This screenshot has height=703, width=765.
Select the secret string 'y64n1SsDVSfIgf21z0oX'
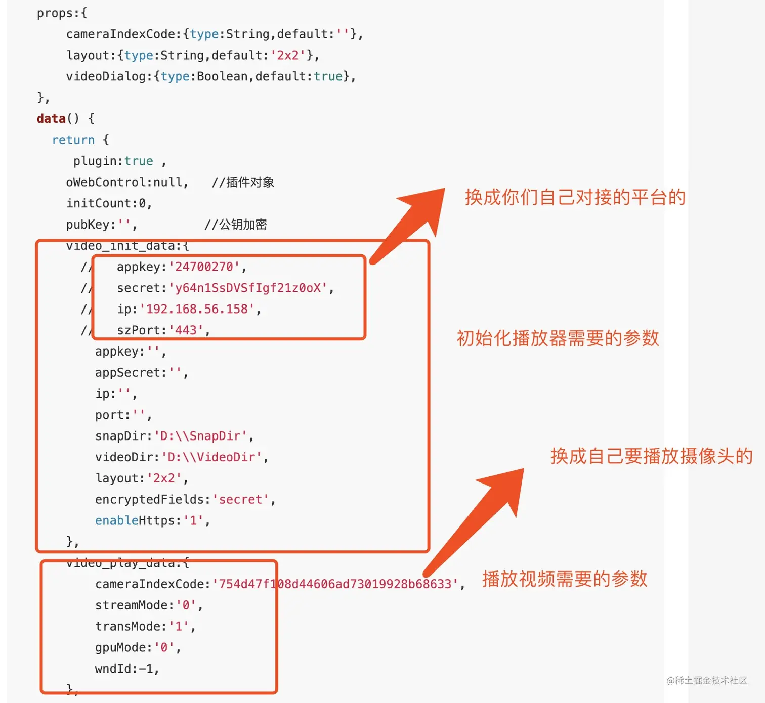click(x=248, y=288)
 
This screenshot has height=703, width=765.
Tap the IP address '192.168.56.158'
click(x=197, y=309)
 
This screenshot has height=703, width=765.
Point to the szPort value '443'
click(x=186, y=330)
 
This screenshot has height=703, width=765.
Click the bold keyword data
click(x=51, y=119)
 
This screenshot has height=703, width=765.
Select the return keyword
click(x=73, y=140)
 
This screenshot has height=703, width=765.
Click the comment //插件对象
click(x=243, y=183)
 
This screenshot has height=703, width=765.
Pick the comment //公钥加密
click(x=236, y=225)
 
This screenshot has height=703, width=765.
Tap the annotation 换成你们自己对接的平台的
click(x=575, y=197)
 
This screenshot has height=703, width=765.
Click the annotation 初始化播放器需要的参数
click(x=558, y=338)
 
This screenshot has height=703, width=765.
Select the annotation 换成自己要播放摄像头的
click(x=651, y=456)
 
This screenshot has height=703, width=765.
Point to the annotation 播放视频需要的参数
click(x=565, y=579)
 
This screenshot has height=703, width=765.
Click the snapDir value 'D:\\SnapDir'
click(x=200, y=436)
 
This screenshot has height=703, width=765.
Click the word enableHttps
click(x=138, y=521)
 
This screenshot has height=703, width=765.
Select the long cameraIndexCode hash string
click(x=335, y=584)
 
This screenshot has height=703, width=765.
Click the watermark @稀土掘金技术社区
click(x=707, y=681)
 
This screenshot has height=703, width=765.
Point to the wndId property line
click(x=126, y=669)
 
